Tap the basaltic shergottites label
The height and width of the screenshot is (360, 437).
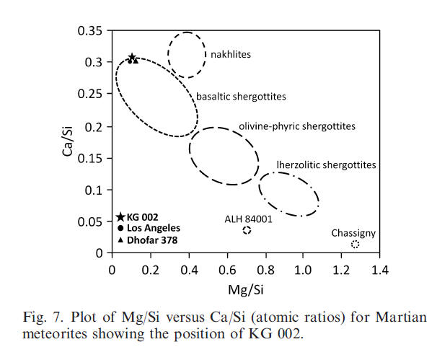click(242, 96)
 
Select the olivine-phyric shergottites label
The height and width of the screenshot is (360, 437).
click(297, 126)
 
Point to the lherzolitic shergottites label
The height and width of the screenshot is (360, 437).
click(326, 165)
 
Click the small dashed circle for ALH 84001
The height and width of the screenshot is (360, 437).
click(247, 230)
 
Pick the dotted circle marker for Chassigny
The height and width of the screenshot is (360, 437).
click(355, 245)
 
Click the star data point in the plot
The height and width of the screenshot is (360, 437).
click(132, 58)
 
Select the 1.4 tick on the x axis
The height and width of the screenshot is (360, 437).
click(381, 269)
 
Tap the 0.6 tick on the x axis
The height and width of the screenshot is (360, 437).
click(226, 269)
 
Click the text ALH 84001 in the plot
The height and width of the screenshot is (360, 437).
click(247, 219)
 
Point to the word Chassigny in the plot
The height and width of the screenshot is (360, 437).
click(353, 233)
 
